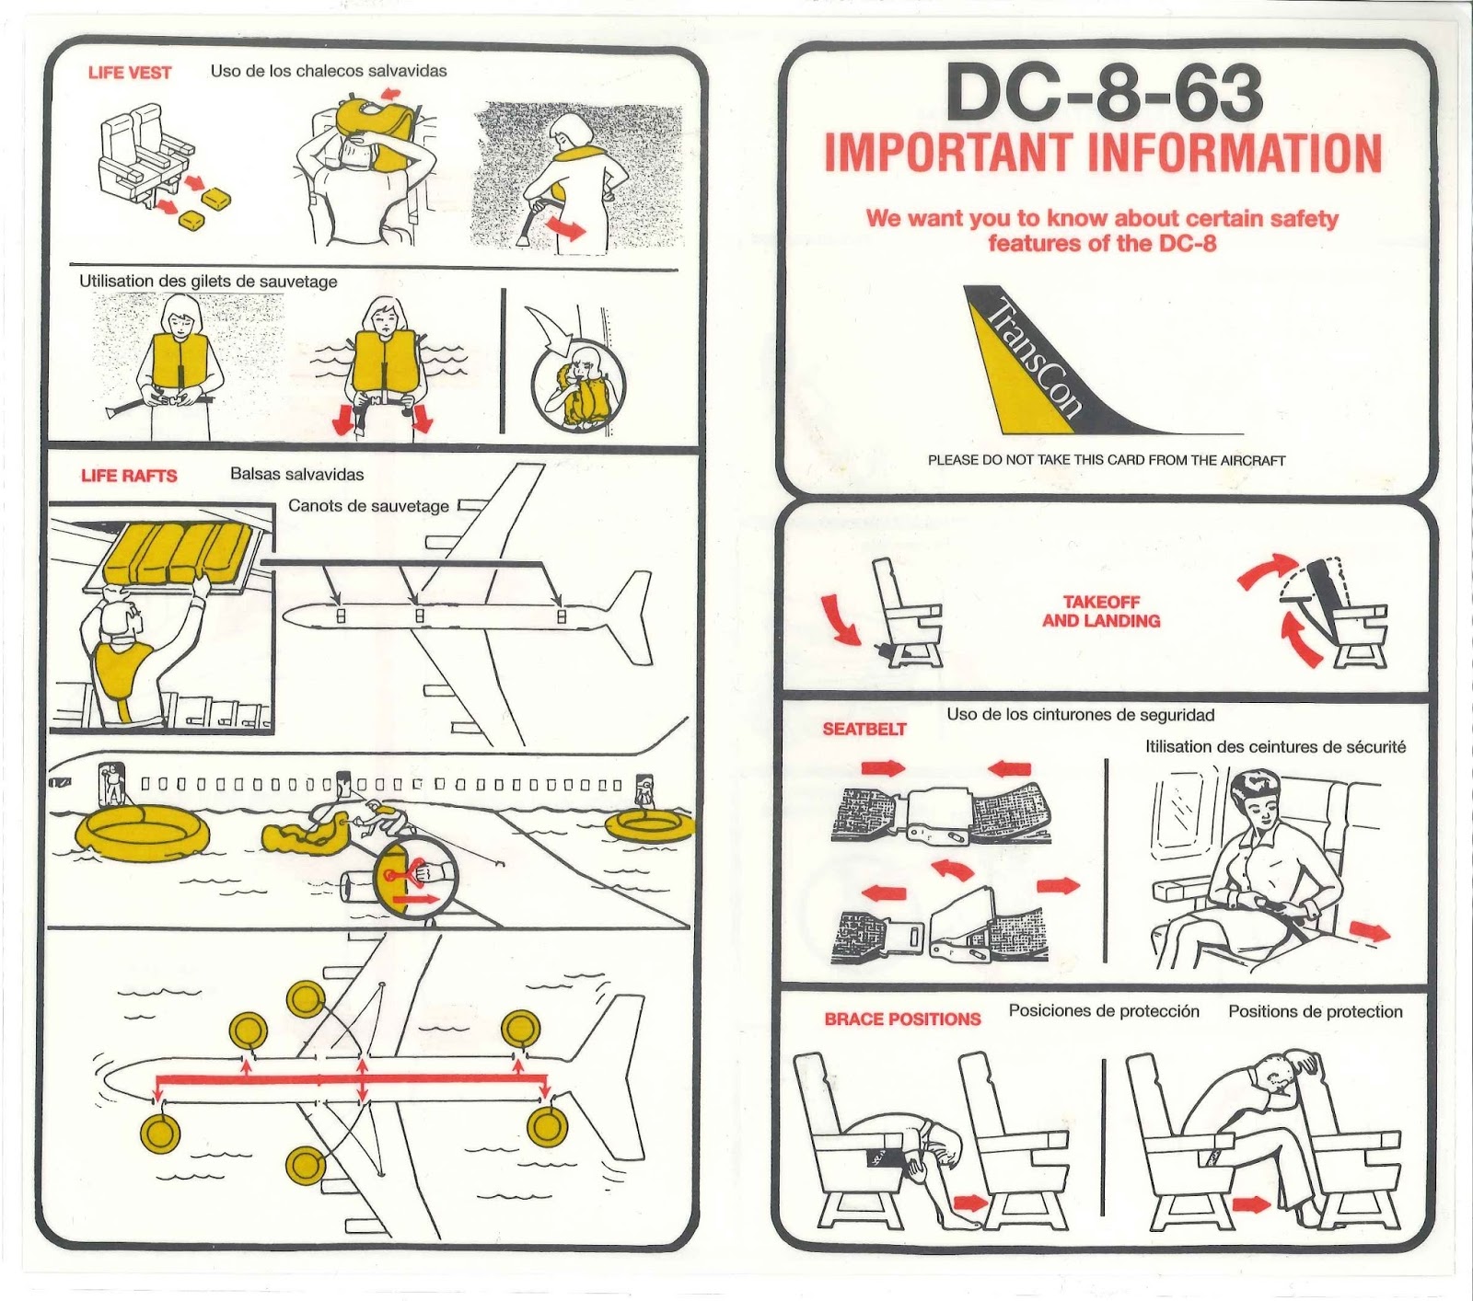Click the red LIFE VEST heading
130,73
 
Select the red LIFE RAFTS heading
129,476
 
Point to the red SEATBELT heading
864,729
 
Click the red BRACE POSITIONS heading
902,1019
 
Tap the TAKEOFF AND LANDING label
1101,612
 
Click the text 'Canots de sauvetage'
368,506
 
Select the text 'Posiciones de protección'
1104,1011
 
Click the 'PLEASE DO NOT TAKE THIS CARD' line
1107,460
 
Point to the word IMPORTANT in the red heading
948,154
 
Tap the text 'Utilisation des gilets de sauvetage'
208,282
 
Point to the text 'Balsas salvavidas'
296,475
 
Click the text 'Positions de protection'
1315,1012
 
